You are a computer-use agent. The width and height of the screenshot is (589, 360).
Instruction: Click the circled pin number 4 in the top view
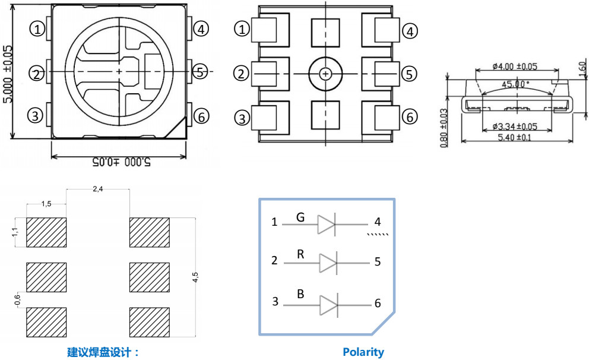point(201,29)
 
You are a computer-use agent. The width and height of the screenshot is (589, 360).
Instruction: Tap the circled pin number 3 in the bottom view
point(242,118)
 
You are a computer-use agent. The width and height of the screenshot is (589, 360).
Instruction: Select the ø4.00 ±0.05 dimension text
point(515,66)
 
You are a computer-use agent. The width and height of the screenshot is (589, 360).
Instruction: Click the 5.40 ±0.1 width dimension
point(514,137)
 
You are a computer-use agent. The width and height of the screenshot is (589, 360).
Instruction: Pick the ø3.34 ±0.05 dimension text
point(515,126)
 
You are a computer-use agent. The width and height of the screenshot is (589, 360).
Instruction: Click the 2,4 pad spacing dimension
point(98,189)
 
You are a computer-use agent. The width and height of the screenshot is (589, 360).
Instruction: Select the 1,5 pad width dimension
point(46,203)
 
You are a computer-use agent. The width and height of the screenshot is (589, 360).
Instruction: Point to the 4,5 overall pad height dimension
point(196,277)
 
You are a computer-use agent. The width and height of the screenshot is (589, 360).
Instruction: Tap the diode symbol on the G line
point(327,225)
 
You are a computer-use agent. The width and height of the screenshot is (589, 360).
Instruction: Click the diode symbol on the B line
point(328,305)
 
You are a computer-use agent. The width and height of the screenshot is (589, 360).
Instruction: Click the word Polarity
point(363,352)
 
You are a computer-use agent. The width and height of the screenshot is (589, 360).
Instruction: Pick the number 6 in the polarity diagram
point(378,304)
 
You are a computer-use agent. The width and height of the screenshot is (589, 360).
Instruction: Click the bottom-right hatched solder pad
point(150,322)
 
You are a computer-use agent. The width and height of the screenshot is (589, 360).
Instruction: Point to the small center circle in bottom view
point(325,74)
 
